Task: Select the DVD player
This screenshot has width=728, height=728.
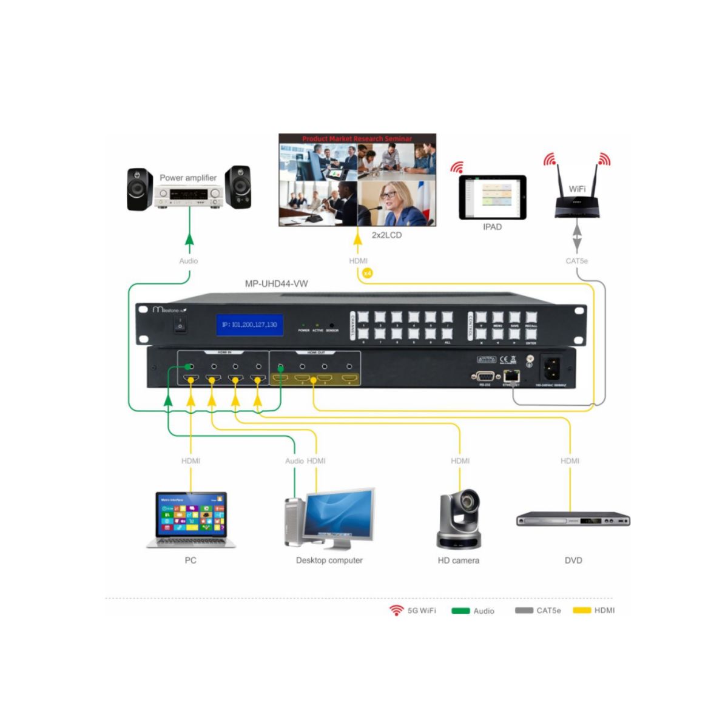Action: [573, 520]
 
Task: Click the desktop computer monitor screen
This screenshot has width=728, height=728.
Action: [339, 514]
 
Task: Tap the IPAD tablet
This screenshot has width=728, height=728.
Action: [492, 198]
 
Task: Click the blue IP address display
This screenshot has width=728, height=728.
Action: [249, 325]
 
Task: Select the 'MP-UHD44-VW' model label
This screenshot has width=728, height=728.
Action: [276, 283]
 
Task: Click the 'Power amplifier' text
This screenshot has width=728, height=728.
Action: [188, 178]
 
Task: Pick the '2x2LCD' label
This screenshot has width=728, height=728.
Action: [386, 235]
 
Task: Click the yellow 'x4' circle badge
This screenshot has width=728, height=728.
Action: [367, 273]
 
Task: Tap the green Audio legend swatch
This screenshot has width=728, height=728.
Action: [460, 610]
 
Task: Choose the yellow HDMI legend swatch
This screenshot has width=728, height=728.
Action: [582, 610]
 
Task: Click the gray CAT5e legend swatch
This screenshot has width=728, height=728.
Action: [524, 610]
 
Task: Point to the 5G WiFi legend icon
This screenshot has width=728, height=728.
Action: [397, 610]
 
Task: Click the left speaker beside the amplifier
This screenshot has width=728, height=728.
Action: [140, 189]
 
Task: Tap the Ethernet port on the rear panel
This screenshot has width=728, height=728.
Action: [511, 376]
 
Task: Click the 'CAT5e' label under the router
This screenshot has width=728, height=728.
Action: [576, 261]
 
